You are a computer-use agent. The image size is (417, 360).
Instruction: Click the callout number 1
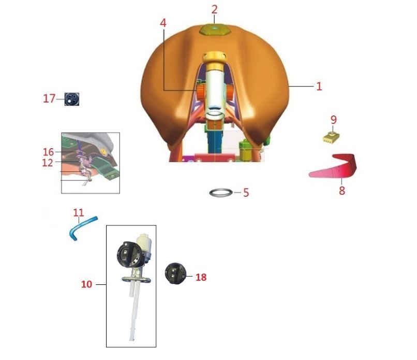tap(319, 87)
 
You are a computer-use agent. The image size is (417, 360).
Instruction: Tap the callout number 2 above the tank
tap(214, 10)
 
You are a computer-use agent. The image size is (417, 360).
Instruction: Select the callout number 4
tap(163, 23)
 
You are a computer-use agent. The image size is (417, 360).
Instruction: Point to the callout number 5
tap(246, 193)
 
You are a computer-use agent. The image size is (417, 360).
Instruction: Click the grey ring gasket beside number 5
tap(221, 189)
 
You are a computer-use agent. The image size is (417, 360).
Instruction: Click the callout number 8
tap(342, 191)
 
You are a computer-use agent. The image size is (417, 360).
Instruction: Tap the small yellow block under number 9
tap(331, 137)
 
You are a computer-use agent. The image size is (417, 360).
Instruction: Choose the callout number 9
tap(334, 120)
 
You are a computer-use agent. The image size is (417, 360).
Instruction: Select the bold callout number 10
tap(86, 284)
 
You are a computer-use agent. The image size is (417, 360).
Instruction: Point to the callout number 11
tap(79, 212)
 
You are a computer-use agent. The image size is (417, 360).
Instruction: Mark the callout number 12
tap(48, 163)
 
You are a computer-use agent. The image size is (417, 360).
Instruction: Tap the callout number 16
tap(49, 152)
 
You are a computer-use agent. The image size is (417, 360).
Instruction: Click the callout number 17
tap(49, 98)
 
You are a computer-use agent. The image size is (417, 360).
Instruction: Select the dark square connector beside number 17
tap(72, 99)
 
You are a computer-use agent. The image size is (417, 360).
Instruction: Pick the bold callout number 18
tap(201, 277)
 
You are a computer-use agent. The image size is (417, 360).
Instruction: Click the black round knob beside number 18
tap(175, 273)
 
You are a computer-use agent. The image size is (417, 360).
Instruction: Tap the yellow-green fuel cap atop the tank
tap(215, 29)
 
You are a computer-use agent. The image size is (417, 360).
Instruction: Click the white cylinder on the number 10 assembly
tap(144, 243)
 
